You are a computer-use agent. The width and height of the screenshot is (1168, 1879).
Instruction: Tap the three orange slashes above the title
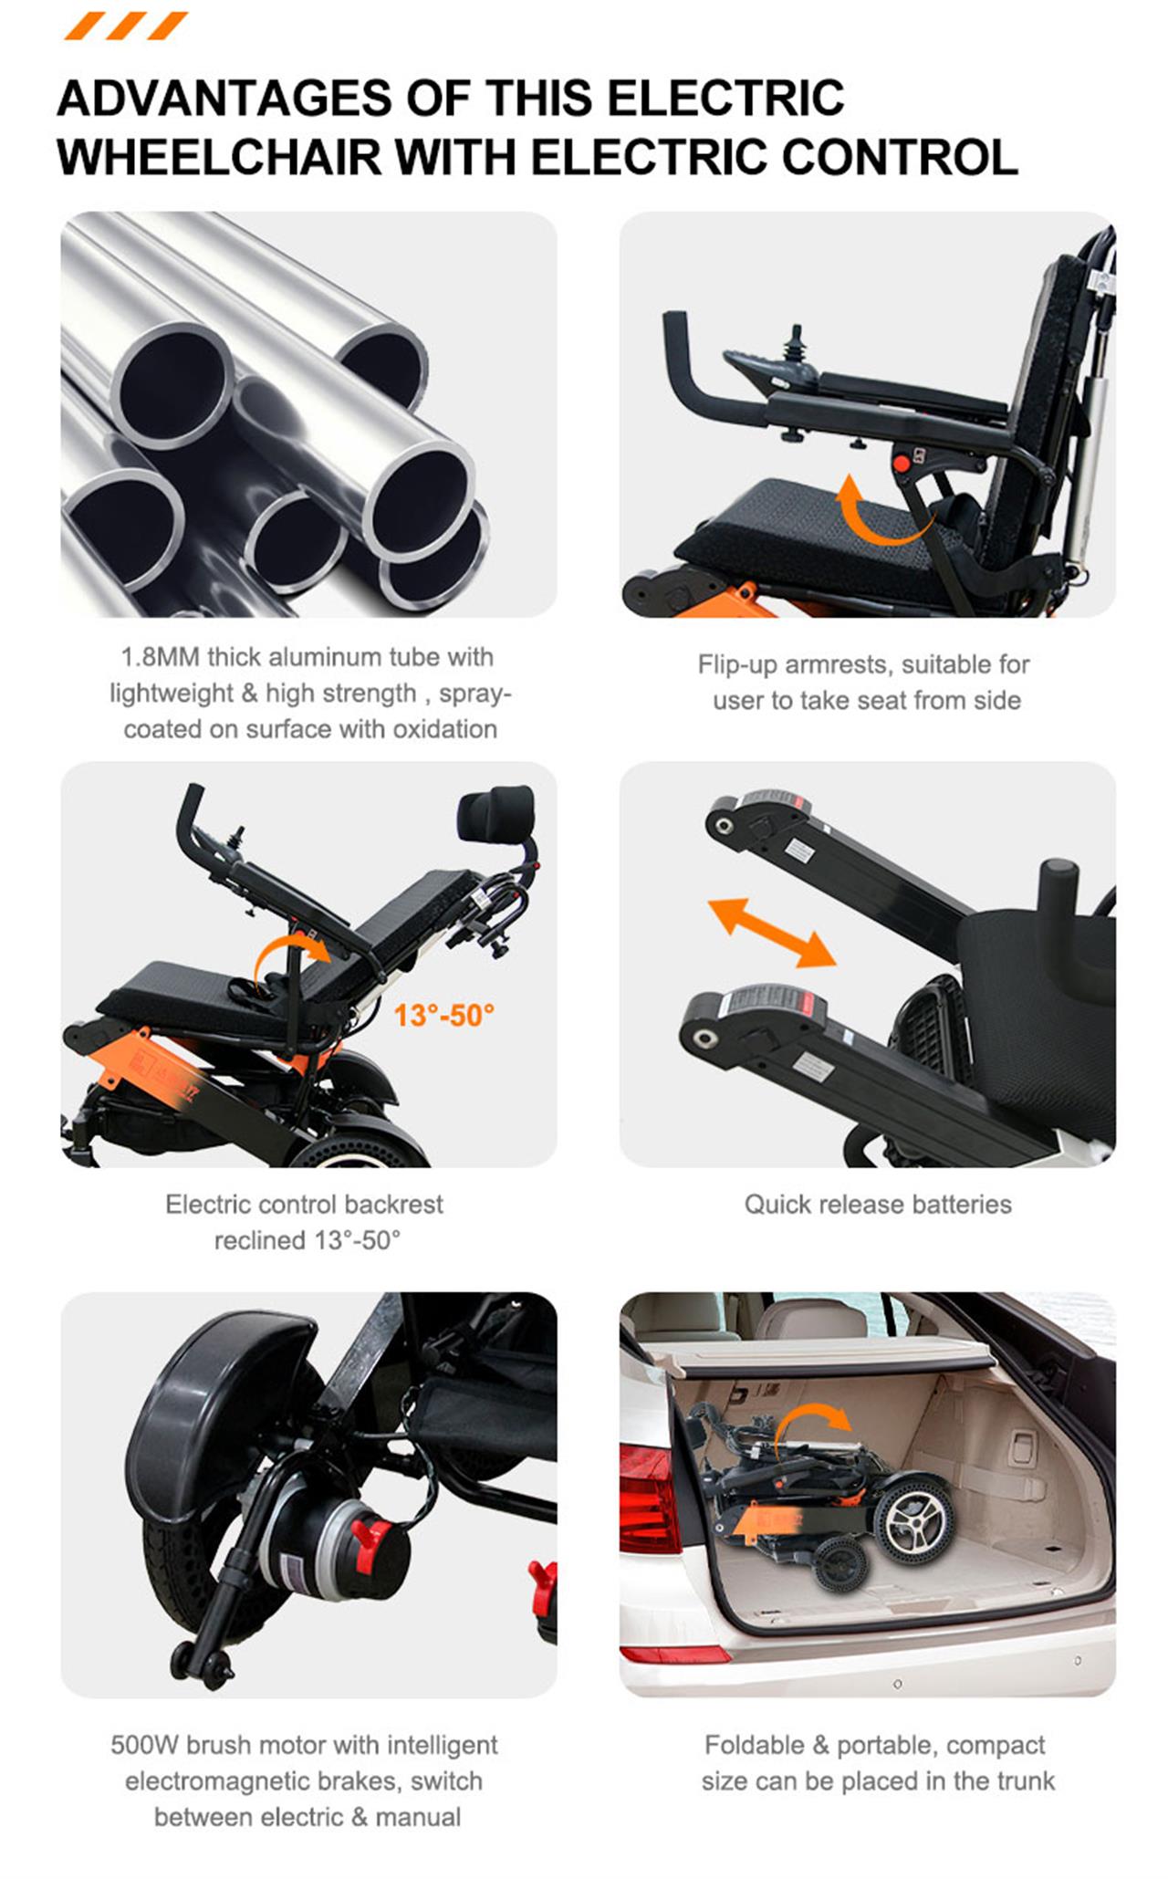[x=126, y=26]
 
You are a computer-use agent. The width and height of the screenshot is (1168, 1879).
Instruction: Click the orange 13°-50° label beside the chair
[x=443, y=1015]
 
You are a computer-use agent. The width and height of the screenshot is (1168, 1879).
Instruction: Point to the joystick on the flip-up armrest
[x=797, y=348]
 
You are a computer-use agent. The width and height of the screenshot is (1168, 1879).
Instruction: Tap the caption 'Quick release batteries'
[x=877, y=1205]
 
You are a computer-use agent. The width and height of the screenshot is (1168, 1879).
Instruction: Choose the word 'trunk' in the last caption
[x=1024, y=1781]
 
